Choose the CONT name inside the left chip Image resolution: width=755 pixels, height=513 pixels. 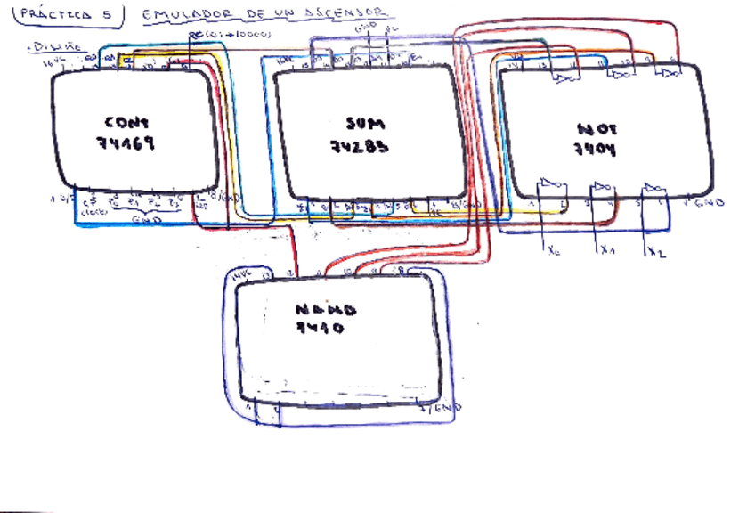pos(126,123)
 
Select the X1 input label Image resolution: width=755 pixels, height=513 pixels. pos(608,250)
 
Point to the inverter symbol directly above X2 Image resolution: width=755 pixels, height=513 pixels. pos(654,188)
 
